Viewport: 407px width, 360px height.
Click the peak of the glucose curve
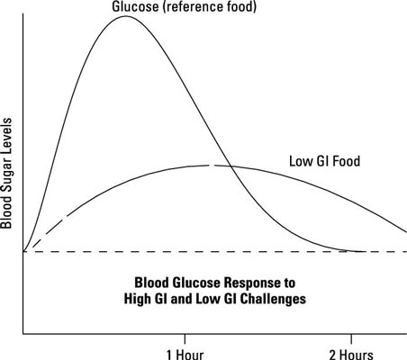tap(124, 16)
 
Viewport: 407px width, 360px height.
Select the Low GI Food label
tap(324, 162)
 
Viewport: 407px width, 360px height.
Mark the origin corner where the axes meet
tap(23, 333)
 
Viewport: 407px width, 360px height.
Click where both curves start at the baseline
tap(23, 251)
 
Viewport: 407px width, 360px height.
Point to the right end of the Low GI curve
tap(405, 232)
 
